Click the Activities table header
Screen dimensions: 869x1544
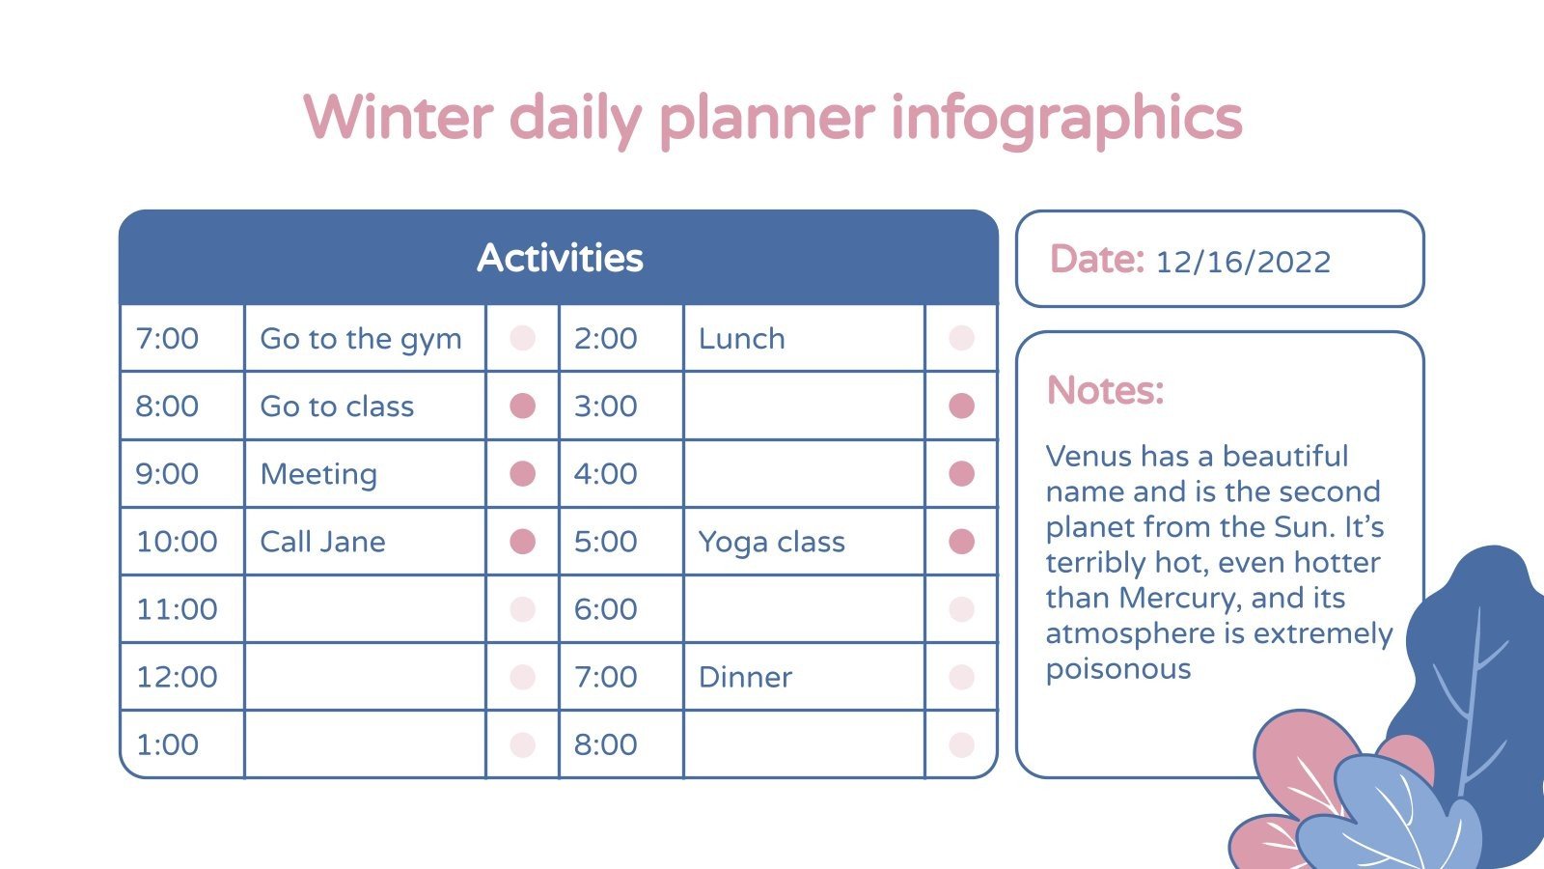coord(560,258)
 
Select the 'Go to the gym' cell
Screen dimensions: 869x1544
coord(361,339)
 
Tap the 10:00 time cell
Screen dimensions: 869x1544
coord(177,542)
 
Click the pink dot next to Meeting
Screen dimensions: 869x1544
coord(522,474)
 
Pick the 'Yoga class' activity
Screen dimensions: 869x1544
coord(771,542)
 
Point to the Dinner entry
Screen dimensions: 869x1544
coord(745,677)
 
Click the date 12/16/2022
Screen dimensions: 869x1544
coord(1243,262)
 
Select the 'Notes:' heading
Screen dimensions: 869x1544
coord(1106,391)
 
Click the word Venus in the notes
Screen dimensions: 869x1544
coord(1089,456)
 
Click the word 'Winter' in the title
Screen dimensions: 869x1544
coord(398,118)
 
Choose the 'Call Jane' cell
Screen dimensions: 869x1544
coord(322,542)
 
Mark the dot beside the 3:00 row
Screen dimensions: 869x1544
coord(961,406)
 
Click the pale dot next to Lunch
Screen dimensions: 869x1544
coord(961,338)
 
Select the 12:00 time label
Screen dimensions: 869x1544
coord(177,677)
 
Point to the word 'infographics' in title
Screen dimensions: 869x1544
coord(1065,118)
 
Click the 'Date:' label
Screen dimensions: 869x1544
coord(1096,260)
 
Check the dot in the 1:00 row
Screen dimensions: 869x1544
coord(522,744)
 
